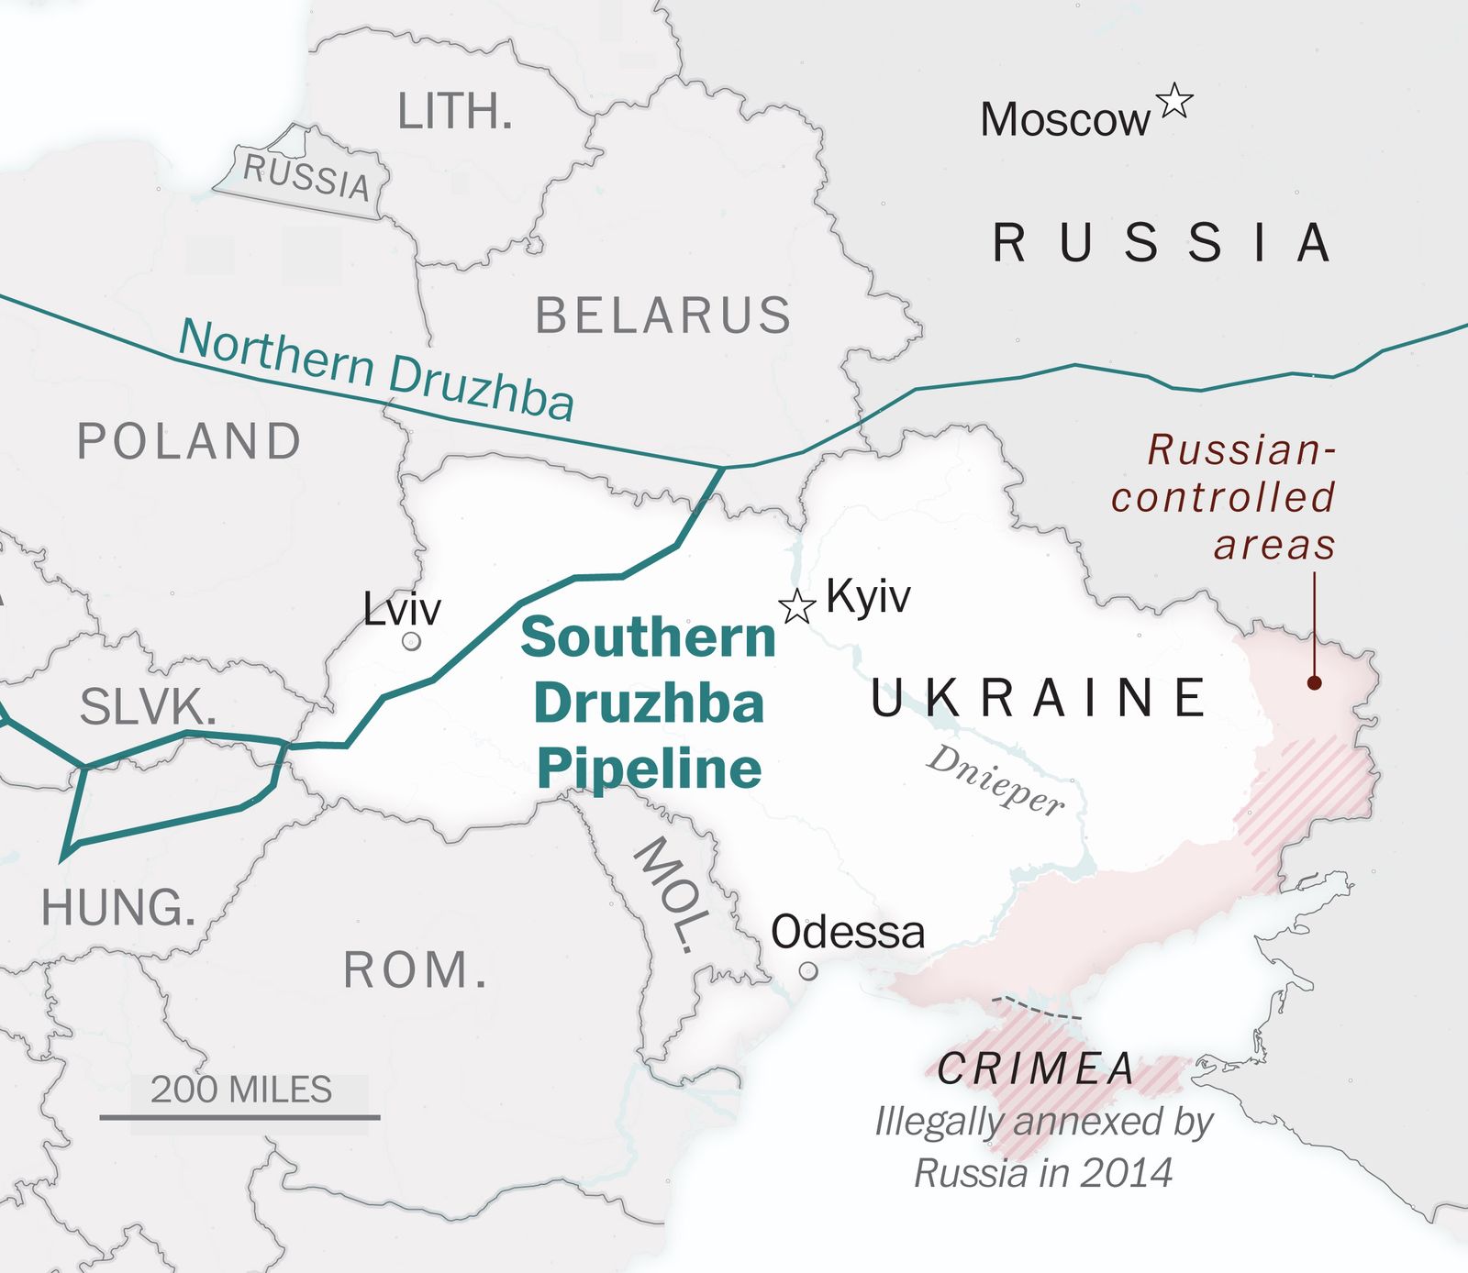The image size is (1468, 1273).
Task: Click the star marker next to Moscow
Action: (1174, 101)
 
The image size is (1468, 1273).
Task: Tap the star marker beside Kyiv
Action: (796, 606)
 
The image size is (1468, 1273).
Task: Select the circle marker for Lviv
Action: (411, 641)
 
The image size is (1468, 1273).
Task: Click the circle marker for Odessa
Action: (808, 970)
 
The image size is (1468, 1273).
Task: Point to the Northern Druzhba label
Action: (376, 370)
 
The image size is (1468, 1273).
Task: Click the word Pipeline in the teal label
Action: (649, 769)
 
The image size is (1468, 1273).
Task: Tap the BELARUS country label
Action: (662, 315)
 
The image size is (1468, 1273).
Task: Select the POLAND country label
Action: (189, 441)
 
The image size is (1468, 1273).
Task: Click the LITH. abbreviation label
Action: (454, 112)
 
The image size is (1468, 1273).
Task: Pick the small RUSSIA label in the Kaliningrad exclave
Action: (306, 176)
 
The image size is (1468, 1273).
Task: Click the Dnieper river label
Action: (996, 780)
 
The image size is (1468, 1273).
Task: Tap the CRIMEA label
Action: (1036, 1068)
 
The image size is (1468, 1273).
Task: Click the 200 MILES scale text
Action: (241, 1090)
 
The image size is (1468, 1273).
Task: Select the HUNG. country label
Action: (118, 908)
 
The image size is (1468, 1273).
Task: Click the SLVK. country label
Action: (148, 707)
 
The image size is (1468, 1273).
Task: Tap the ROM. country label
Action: (416, 970)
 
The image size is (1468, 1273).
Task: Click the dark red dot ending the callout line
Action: (1314, 682)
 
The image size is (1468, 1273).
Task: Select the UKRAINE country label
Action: (1039, 698)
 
